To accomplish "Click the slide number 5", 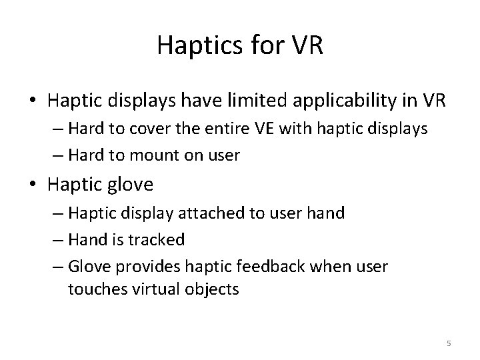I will point(449,343).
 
